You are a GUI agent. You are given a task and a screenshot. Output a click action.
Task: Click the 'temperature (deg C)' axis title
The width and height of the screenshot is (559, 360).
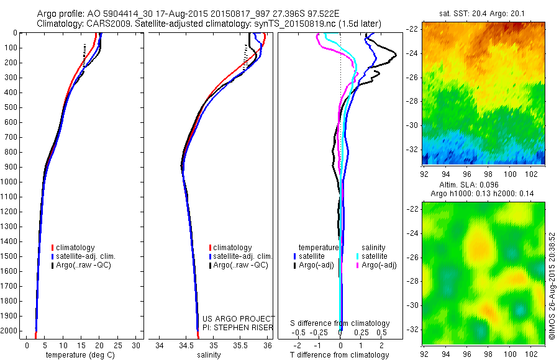(x=78, y=355)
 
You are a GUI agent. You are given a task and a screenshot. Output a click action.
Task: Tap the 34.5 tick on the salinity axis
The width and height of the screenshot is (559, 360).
(x=186, y=344)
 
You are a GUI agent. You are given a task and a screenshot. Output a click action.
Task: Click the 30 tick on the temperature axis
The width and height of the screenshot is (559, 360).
(x=137, y=344)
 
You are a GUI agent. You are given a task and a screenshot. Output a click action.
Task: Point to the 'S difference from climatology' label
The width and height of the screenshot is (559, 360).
(x=340, y=323)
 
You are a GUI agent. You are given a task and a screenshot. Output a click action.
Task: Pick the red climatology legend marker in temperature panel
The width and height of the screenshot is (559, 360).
(x=53, y=248)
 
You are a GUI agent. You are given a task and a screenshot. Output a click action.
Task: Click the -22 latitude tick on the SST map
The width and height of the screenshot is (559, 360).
(x=411, y=29)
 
